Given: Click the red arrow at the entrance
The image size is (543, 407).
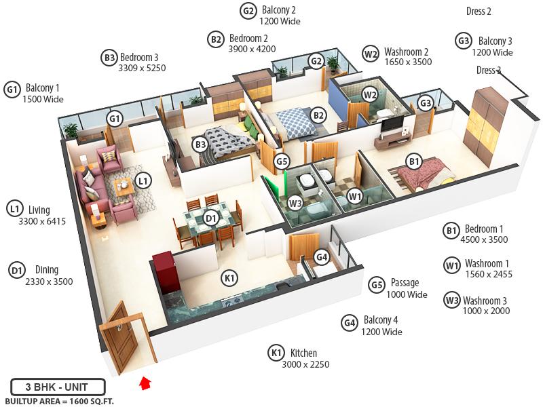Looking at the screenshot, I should coord(144,383).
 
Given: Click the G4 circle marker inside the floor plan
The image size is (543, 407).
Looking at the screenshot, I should coord(322,257).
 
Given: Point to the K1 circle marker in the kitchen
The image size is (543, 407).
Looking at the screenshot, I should coord(229,277).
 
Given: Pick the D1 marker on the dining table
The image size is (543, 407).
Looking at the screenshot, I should coord(210,218).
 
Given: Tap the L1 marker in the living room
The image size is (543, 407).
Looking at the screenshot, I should coord(143,180).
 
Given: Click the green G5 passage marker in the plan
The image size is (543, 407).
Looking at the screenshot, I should coord(282,161).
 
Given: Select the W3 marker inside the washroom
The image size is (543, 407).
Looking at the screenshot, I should coord(295,202).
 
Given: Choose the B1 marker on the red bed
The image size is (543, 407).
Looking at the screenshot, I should coord(413,161).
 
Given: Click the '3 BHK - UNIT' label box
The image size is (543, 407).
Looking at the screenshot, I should coord(58,388).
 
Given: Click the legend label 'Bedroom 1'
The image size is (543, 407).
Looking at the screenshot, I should coord(484,229).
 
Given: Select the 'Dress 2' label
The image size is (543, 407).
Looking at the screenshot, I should coord(479,12).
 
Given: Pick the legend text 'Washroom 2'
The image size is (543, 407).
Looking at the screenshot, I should coord(406,52).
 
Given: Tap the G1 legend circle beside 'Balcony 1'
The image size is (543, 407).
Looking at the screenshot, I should coord(12,89).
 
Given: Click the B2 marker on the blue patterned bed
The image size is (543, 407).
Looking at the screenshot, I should coord(318,115).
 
